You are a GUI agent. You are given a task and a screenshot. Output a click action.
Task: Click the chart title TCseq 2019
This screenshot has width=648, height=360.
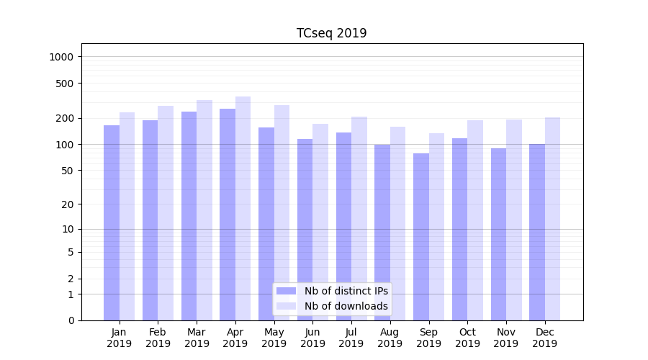coord(331,33)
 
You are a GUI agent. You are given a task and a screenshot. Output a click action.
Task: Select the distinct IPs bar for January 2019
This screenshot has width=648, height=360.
coord(112,223)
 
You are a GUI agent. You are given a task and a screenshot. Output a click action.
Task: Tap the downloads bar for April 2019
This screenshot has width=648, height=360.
coord(243,209)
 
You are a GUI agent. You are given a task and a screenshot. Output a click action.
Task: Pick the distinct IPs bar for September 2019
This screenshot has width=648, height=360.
coord(421,238)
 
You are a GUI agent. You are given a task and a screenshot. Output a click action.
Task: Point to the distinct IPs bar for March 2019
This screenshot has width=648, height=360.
coord(189,216)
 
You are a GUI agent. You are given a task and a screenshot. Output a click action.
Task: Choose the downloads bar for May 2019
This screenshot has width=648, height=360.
coord(282,212)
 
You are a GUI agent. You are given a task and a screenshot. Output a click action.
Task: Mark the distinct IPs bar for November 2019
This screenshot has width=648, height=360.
coord(498,234)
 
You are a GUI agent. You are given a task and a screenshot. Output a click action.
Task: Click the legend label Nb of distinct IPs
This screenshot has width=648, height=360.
coord(346,291)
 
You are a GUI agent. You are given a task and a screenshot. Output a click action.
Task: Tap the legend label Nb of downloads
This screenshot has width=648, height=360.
coord(346,306)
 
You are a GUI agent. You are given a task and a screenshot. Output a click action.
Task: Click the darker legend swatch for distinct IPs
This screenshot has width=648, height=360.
coord(287,291)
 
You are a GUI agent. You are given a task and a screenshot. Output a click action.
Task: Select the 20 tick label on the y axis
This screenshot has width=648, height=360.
coord(68,204)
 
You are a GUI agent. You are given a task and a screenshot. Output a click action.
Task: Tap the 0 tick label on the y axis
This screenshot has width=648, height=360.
coord(71,320)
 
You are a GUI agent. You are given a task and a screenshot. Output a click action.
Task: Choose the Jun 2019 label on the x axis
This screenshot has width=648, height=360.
coord(312,338)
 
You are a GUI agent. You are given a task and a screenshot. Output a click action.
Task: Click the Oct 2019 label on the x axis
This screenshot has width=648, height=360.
coord(467,338)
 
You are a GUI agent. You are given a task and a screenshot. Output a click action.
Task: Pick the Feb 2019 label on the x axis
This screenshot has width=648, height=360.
coord(158,338)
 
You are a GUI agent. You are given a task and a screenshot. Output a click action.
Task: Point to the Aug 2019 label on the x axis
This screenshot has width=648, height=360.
coord(390,338)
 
